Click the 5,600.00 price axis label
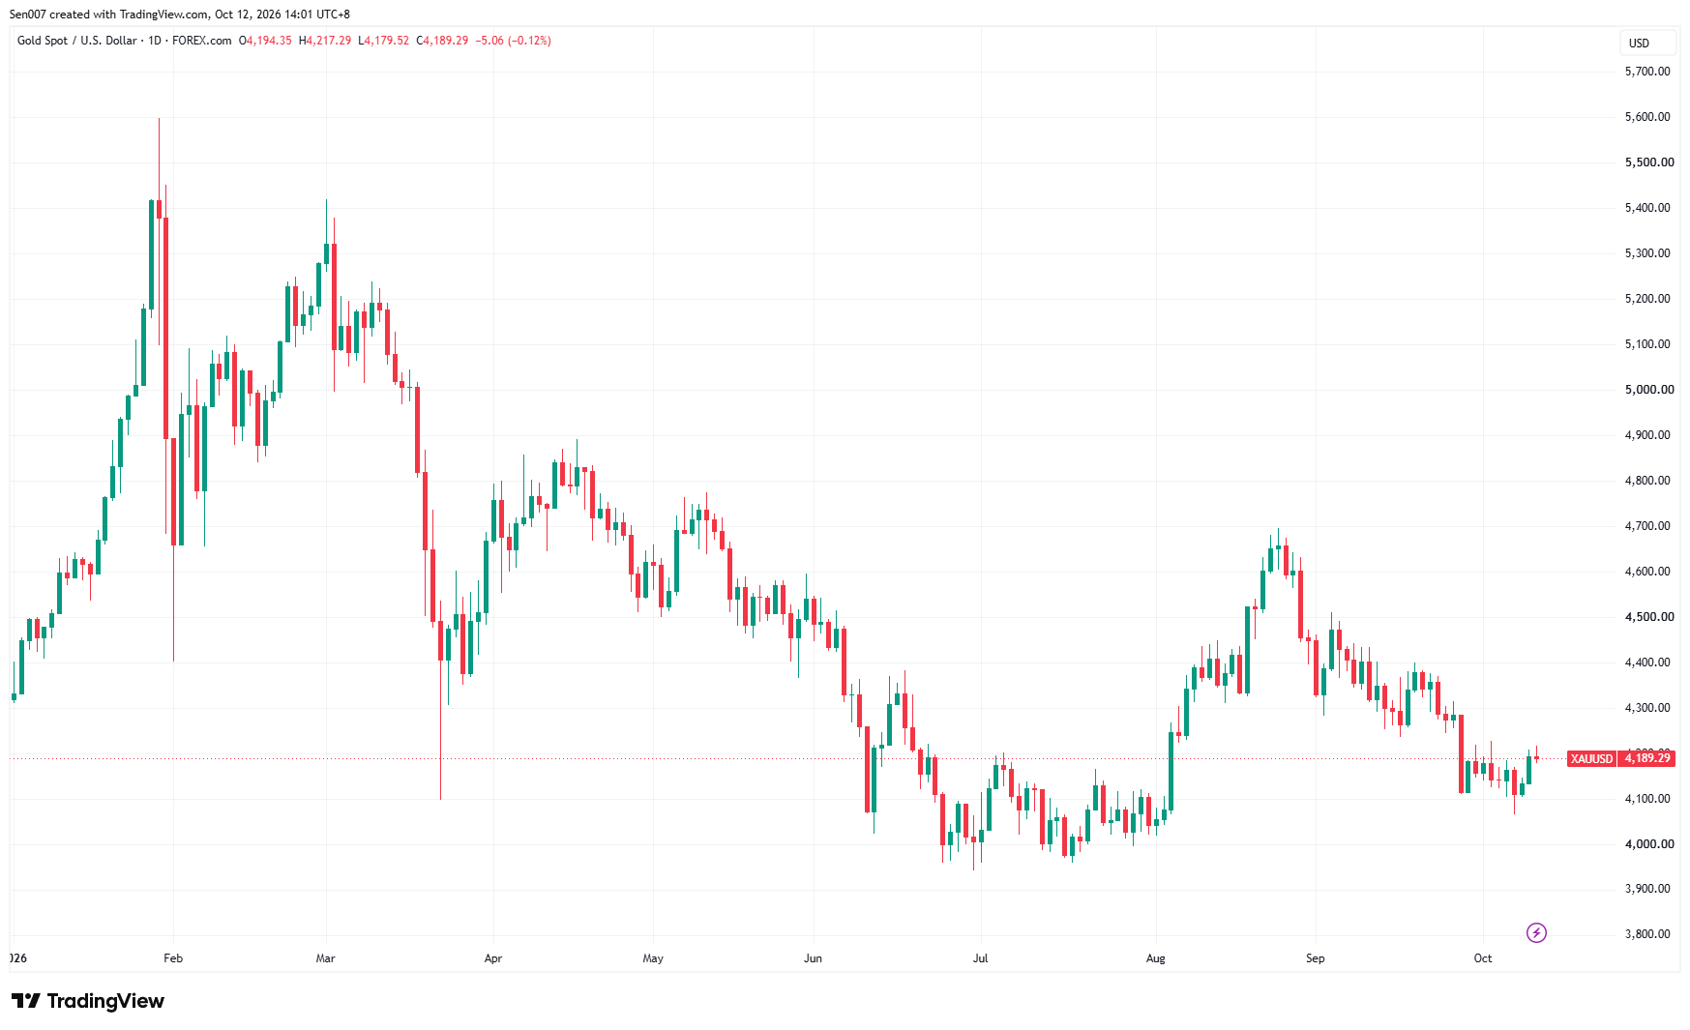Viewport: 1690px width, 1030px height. pyautogui.click(x=1647, y=117)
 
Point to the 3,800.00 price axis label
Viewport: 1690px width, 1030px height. pyautogui.click(x=1647, y=934)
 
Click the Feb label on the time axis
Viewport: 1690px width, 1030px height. pyautogui.click(x=173, y=958)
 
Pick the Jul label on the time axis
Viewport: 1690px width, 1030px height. pyautogui.click(x=981, y=958)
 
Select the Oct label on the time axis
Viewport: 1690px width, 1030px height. pyautogui.click(x=1483, y=958)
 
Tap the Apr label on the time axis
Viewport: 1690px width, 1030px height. pyautogui.click(x=493, y=958)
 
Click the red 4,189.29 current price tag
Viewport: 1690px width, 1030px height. pyautogui.click(x=1646, y=758)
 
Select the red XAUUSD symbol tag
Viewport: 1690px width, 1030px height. pyautogui.click(x=1591, y=758)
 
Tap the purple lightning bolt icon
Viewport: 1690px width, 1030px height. pyautogui.click(x=1536, y=932)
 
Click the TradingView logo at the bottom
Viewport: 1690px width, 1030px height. pyautogui.click(x=88, y=1001)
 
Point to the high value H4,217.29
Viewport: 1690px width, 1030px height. pyautogui.click(x=325, y=41)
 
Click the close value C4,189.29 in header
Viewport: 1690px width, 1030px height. pyautogui.click(x=442, y=41)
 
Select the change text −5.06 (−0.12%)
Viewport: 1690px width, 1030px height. pyautogui.click(x=514, y=41)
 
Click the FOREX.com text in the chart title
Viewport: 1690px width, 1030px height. pyautogui.click(x=202, y=41)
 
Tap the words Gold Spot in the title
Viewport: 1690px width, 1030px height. pyautogui.click(x=43, y=41)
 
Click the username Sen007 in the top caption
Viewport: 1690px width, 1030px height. pyautogui.click(x=28, y=15)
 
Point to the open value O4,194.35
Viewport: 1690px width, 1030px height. pyautogui.click(x=265, y=41)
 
